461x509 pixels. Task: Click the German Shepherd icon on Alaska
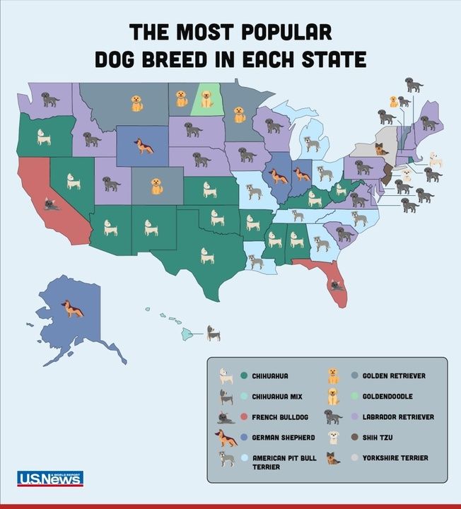point(73,309)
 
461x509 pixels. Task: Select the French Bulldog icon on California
point(51,205)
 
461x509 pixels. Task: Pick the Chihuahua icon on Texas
point(207,255)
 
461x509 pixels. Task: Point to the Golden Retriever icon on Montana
point(136,103)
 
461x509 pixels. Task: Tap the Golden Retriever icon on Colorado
point(156,186)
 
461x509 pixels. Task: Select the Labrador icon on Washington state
point(50,100)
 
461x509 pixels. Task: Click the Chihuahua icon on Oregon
point(44,136)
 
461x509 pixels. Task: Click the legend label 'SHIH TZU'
point(379,438)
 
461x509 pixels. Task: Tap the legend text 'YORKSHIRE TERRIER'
point(395,458)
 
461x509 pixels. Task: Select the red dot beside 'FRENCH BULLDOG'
point(243,417)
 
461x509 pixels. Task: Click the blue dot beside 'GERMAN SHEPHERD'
point(243,438)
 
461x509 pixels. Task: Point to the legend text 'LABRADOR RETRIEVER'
point(398,417)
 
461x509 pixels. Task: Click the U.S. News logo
point(49,479)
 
